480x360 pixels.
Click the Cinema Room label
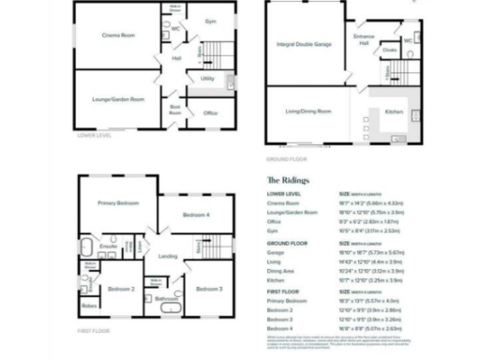coord(119,35)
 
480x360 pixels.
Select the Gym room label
coord(210,21)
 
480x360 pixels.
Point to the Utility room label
coord(207,79)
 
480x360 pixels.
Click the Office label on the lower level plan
coord(211,113)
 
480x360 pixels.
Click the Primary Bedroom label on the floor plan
coord(120,202)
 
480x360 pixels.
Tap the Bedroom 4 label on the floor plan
coord(196,216)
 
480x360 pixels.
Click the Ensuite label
coord(108,247)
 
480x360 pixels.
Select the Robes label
coord(90,306)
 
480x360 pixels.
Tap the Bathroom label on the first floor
coord(167,300)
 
